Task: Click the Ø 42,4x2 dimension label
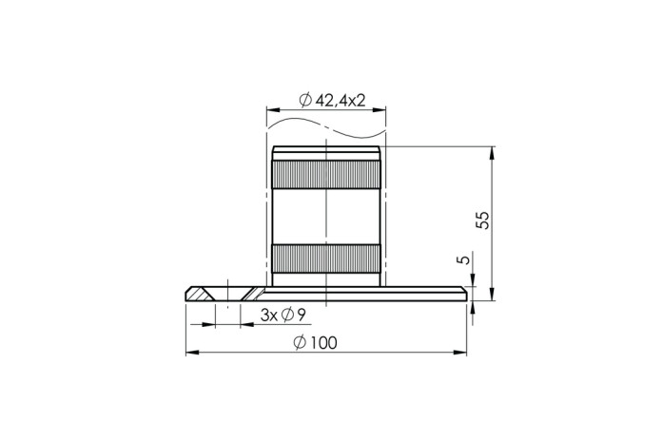click(332, 101)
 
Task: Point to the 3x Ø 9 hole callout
click(282, 315)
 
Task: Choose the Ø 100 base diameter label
click(316, 343)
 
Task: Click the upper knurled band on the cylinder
click(326, 174)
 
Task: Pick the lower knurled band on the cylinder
click(326, 259)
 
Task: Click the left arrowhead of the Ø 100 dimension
click(192, 353)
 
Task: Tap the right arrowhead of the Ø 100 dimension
click(460, 353)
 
